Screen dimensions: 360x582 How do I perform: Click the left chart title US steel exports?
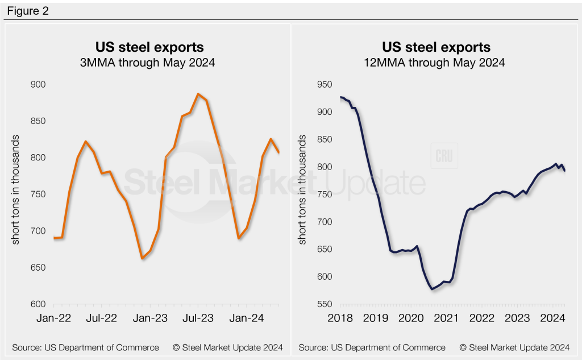pyautogui.click(x=149, y=47)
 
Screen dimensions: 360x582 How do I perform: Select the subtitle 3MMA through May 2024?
pyautogui.click(x=149, y=63)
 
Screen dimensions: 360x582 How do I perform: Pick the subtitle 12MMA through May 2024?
pyautogui.click(x=436, y=63)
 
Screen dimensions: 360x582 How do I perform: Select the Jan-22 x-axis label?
pyautogui.click(x=53, y=318)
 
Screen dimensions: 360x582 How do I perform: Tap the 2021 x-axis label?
pyautogui.click(x=447, y=318)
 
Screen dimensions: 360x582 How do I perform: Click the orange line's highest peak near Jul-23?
pyautogui.click(x=198, y=94)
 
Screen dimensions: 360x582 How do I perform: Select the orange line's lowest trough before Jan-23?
pyautogui.click(x=142, y=259)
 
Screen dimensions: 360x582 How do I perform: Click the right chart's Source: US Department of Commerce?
pyautogui.click(x=372, y=347)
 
